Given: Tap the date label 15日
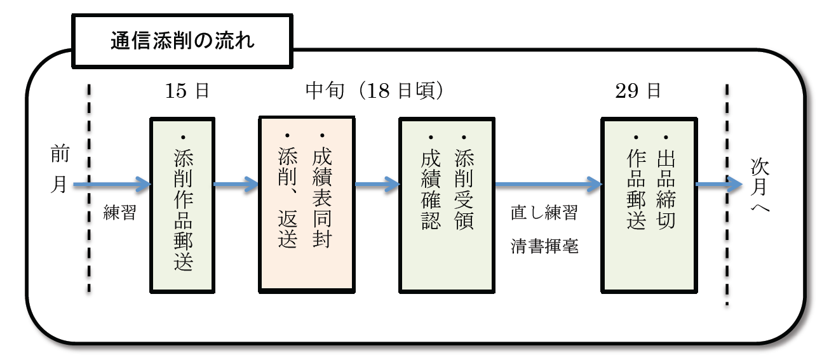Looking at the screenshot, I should (187, 91).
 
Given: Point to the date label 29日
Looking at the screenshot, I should (638, 91).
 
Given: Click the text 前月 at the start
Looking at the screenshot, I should (59, 170).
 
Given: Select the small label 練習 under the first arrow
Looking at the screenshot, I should (120, 213).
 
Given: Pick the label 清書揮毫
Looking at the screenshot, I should (544, 247).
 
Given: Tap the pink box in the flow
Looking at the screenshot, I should (306, 203).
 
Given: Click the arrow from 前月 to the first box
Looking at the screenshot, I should (112, 185).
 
